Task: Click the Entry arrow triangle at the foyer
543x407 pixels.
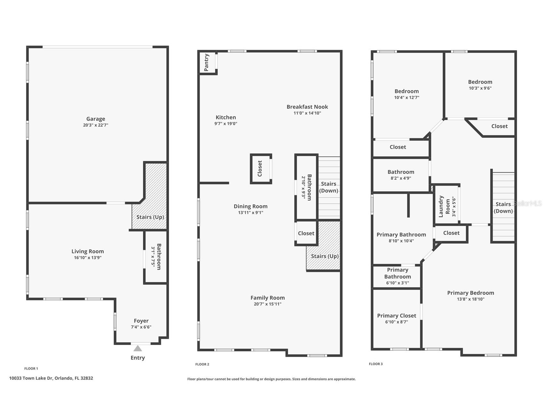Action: pyautogui.click(x=138, y=348)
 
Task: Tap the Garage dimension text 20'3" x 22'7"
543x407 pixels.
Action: pyautogui.click(x=96, y=125)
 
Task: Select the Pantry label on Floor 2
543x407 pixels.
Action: pyautogui.click(x=207, y=62)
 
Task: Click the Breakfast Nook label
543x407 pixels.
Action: pyautogui.click(x=307, y=107)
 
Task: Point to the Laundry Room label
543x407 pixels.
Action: pyautogui.click(x=444, y=206)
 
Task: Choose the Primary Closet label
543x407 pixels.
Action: pyautogui.click(x=396, y=316)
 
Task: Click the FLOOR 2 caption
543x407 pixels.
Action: pyautogui.click(x=202, y=364)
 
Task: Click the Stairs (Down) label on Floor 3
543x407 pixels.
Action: pyautogui.click(x=503, y=207)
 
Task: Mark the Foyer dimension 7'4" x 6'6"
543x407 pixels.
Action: pyautogui.click(x=141, y=327)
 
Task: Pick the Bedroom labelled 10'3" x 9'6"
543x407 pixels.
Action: pyautogui.click(x=480, y=82)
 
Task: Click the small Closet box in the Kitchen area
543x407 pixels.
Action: pyautogui.click(x=260, y=169)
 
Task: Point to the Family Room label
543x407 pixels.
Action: pyautogui.click(x=268, y=298)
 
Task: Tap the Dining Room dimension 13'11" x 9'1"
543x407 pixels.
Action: pyautogui.click(x=251, y=212)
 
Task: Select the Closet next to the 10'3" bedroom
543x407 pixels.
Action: pyautogui.click(x=499, y=126)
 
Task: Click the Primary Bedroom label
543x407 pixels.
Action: pyautogui.click(x=470, y=293)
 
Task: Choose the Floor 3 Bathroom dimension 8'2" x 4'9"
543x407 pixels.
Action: pyautogui.click(x=401, y=178)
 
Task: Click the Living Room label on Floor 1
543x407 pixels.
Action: pyautogui.click(x=88, y=251)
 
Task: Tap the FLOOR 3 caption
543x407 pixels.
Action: pyautogui.click(x=376, y=364)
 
